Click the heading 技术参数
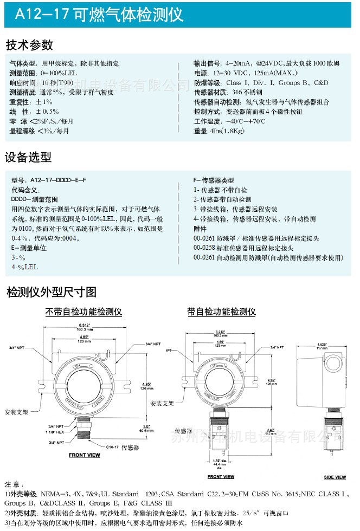29,45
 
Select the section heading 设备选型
28,157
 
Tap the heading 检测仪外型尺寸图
52,293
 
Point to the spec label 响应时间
22,82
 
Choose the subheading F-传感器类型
214,180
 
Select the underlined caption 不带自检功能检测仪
83,312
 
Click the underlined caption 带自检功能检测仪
221,312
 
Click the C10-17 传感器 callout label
119,448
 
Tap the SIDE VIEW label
335,477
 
